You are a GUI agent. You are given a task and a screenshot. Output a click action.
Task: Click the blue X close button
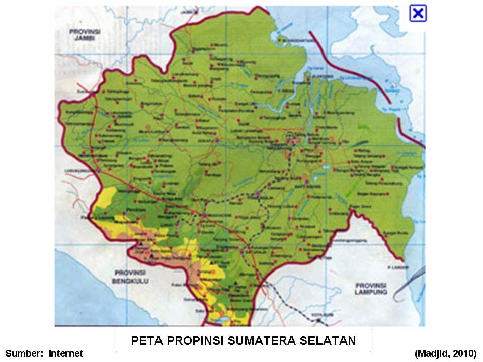click(418, 13)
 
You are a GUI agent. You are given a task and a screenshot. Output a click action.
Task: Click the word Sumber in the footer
click(23, 354)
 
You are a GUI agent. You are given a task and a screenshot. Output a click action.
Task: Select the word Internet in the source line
click(66, 354)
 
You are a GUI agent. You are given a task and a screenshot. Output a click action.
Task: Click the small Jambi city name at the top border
click(189, 11)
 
